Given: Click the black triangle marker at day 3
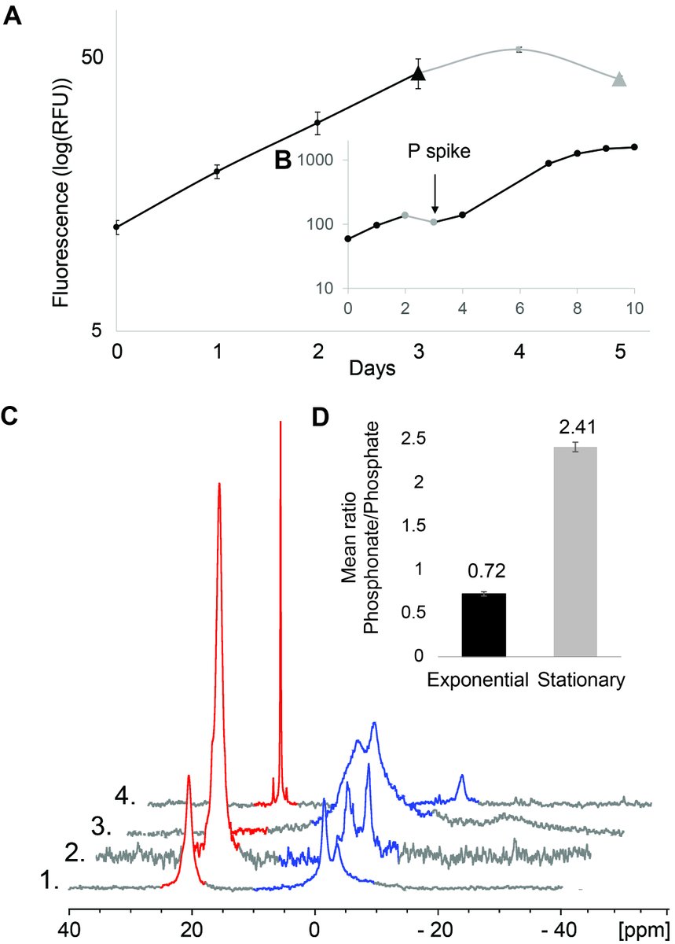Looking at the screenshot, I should point(419,74).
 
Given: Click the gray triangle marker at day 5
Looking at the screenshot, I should point(619,79).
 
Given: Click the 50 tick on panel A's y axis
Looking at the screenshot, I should point(93,58).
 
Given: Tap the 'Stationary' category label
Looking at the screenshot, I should point(582,679).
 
